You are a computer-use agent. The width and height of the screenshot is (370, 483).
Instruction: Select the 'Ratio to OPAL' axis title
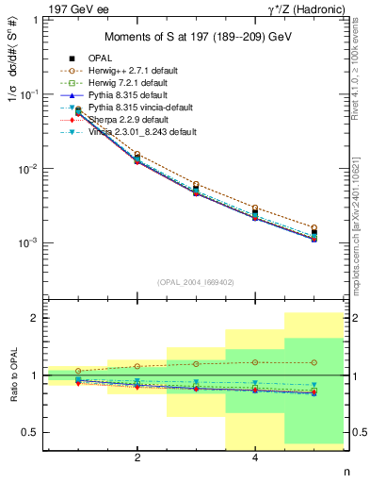coord(12,375)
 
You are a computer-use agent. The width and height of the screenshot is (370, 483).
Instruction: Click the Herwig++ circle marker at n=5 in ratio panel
coord(314,362)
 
